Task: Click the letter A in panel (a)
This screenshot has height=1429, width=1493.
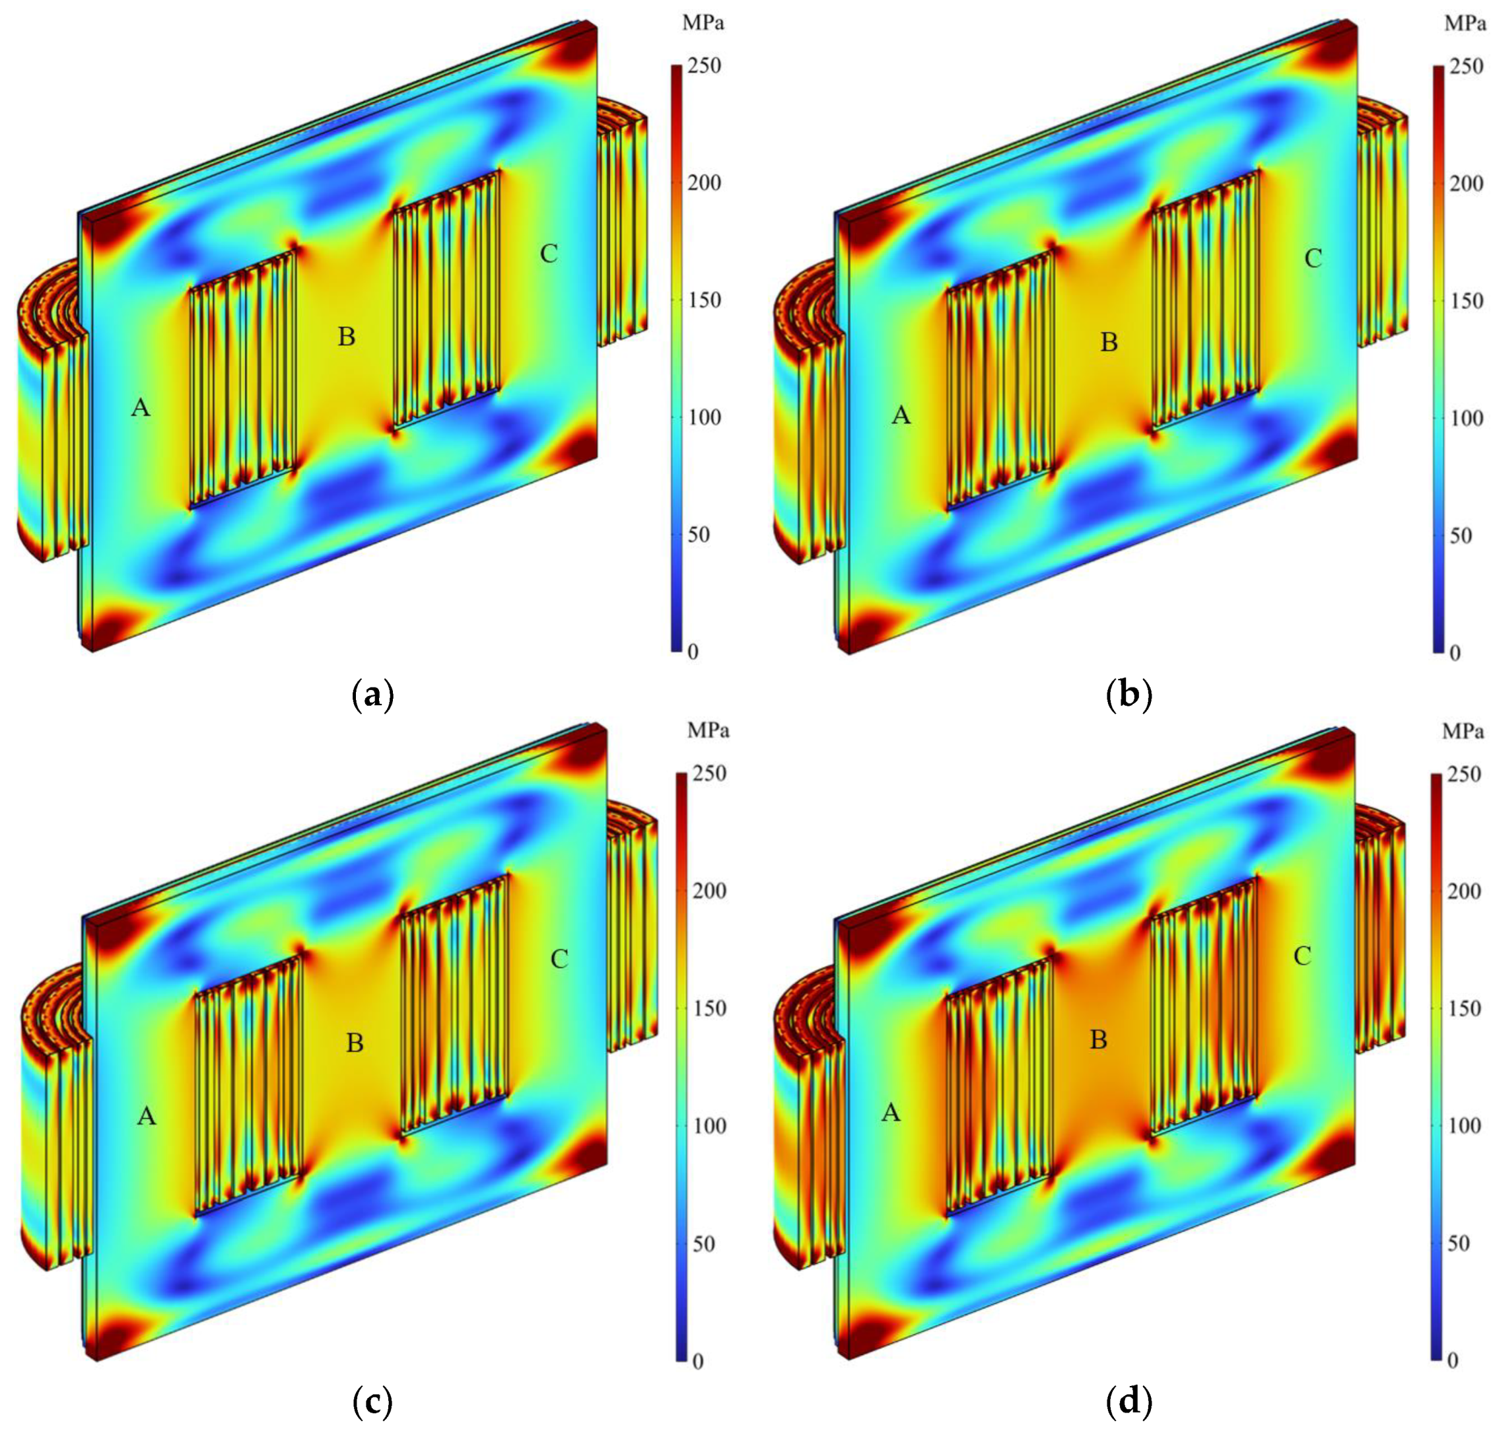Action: (x=140, y=408)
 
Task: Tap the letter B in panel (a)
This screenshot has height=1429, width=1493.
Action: (x=347, y=337)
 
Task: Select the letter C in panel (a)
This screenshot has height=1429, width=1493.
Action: (x=549, y=254)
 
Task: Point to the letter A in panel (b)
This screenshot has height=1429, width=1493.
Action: (x=901, y=415)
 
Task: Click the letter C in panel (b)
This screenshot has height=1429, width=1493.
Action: (x=1313, y=259)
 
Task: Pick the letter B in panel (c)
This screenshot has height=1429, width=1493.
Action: (x=355, y=1043)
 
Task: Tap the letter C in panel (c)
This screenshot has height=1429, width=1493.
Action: (x=559, y=959)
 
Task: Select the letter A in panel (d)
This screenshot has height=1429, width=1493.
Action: (x=891, y=1113)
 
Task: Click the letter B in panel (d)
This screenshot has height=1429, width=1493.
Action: (x=1098, y=1040)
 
